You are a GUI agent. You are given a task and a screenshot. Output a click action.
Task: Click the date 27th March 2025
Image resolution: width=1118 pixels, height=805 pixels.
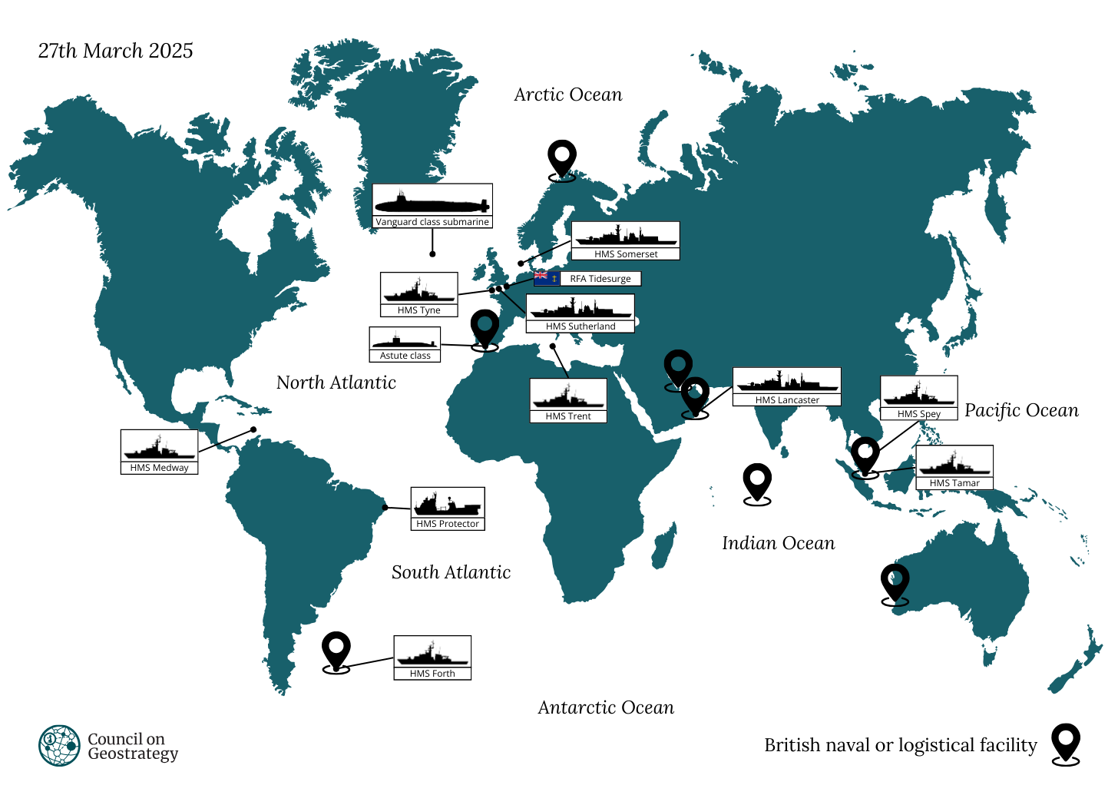(115, 51)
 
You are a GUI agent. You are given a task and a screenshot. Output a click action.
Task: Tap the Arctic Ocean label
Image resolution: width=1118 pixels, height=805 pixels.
(567, 94)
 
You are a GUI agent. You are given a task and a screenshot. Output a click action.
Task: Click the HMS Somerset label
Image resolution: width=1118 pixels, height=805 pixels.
(626, 254)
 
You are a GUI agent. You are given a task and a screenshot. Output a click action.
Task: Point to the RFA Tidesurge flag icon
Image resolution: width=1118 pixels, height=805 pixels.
(546, 278)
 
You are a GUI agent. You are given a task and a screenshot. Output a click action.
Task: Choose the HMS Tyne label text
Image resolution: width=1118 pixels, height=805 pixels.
(419, 310)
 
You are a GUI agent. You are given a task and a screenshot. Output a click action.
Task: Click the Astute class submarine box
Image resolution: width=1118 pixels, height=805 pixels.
(405, 344)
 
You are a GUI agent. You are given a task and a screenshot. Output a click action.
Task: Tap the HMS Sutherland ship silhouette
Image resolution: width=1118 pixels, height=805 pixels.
(580, 309)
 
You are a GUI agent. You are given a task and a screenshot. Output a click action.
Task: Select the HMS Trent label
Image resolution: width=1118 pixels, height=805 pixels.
(568, 416)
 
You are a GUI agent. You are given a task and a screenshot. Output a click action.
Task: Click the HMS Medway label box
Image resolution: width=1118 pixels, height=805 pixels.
(159, 452)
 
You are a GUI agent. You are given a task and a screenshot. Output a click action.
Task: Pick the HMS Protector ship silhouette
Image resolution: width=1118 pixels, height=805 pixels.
(448, 504)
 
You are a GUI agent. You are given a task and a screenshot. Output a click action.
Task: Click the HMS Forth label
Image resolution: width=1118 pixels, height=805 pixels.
(432, 674)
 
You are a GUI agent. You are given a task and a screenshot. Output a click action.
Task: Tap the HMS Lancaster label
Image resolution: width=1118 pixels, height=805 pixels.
(787, 400)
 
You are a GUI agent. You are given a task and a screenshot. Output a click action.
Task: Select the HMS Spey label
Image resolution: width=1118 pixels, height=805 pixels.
(919, 414)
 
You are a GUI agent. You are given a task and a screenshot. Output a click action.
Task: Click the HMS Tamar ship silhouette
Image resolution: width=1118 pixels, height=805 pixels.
(954, 463)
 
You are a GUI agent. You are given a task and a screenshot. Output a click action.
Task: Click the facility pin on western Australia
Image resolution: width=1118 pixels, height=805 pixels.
(895, 583)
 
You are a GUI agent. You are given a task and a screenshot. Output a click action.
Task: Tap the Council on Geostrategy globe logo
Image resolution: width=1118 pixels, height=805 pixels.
(60, 746)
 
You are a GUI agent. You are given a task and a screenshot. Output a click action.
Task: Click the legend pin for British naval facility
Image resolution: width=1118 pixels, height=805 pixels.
(1066, 744)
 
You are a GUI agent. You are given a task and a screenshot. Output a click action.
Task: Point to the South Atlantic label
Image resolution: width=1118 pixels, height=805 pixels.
(451, 572)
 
